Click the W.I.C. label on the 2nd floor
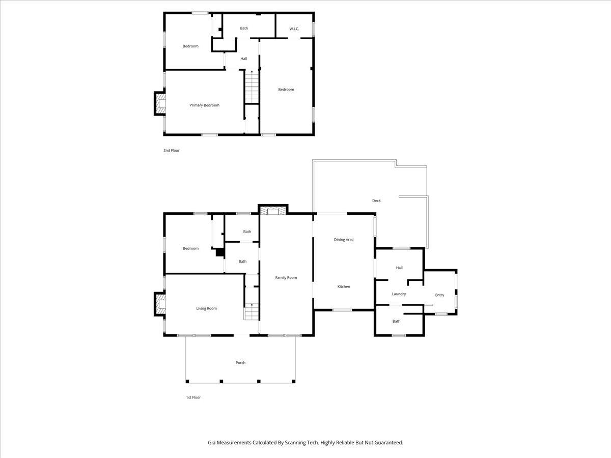tap(294, 28)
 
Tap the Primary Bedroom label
tap(204, 105)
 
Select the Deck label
tap(376, 201)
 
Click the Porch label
tap(240, 363)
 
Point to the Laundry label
tap(399, 294)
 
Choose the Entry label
tap(439, 295)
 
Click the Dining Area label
tap(344, 239)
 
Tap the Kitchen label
tap(344, 287)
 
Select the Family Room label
tap(286, 277)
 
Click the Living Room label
tap(207, 308)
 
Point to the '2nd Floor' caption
tap(171, 151)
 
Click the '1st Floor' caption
tap(193, 397)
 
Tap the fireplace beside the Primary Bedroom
tap(160, 103)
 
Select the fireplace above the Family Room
tap(273, 210)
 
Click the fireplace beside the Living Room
tap(160, 304)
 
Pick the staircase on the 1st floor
tap(252, 312)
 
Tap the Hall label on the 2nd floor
tap(244, 59)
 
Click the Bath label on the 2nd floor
tap(244, 28)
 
